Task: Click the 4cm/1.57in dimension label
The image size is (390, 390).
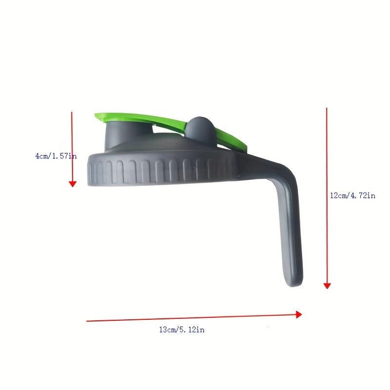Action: pos(56,156)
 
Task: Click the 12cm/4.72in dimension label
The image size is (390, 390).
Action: pos(352,195)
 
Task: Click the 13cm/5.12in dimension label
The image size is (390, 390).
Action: pos(182,330)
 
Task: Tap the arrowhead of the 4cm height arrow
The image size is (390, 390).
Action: pos(73,184)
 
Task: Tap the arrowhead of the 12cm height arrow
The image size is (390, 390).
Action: pos(327,286)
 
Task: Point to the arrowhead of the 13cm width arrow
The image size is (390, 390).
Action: pos(299,314)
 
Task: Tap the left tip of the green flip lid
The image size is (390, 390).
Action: pos(95,116)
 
